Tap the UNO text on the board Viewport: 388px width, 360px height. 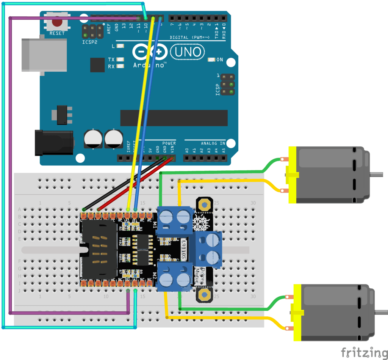point(188,52)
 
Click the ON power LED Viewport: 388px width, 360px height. point(211,60)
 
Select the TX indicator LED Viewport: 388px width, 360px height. point(120,60)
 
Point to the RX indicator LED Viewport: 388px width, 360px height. point(120,66)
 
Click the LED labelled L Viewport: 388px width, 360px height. point(120,46)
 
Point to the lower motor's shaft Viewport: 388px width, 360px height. point(381,312)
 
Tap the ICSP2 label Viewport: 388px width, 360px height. point(90,42)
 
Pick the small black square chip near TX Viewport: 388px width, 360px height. point(97,65)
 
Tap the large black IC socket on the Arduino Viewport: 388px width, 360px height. point(174,118)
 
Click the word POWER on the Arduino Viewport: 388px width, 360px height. point(169,143)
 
